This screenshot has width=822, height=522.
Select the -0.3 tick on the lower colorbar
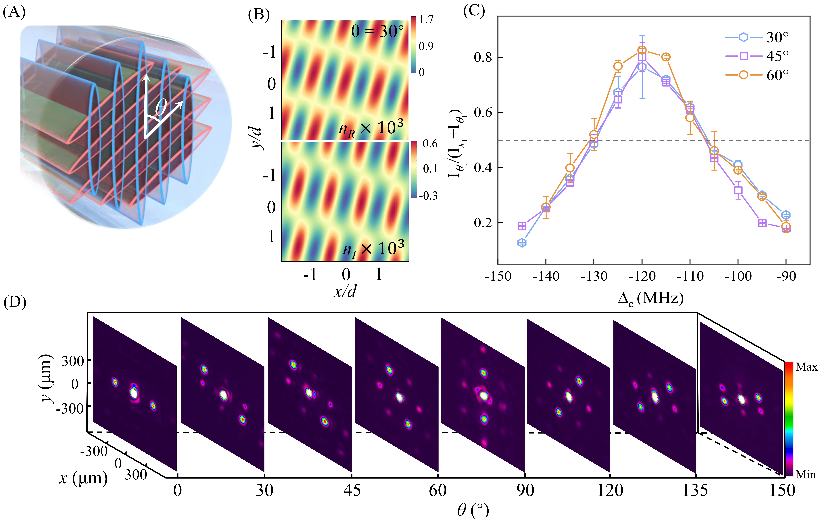[428, 195]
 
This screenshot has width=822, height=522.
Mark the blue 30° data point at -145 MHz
[522, 243]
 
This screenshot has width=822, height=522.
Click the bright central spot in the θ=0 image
[134, 393]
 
